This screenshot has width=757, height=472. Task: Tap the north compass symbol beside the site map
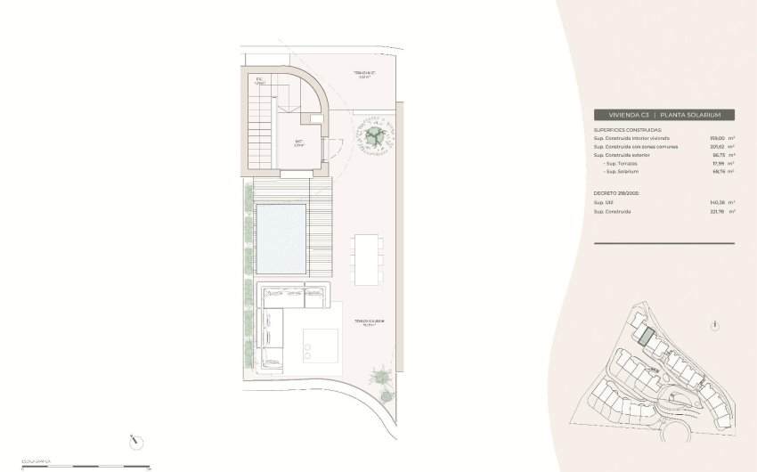[x=715, y=326]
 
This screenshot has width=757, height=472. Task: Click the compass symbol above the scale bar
[x=134, y=440]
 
